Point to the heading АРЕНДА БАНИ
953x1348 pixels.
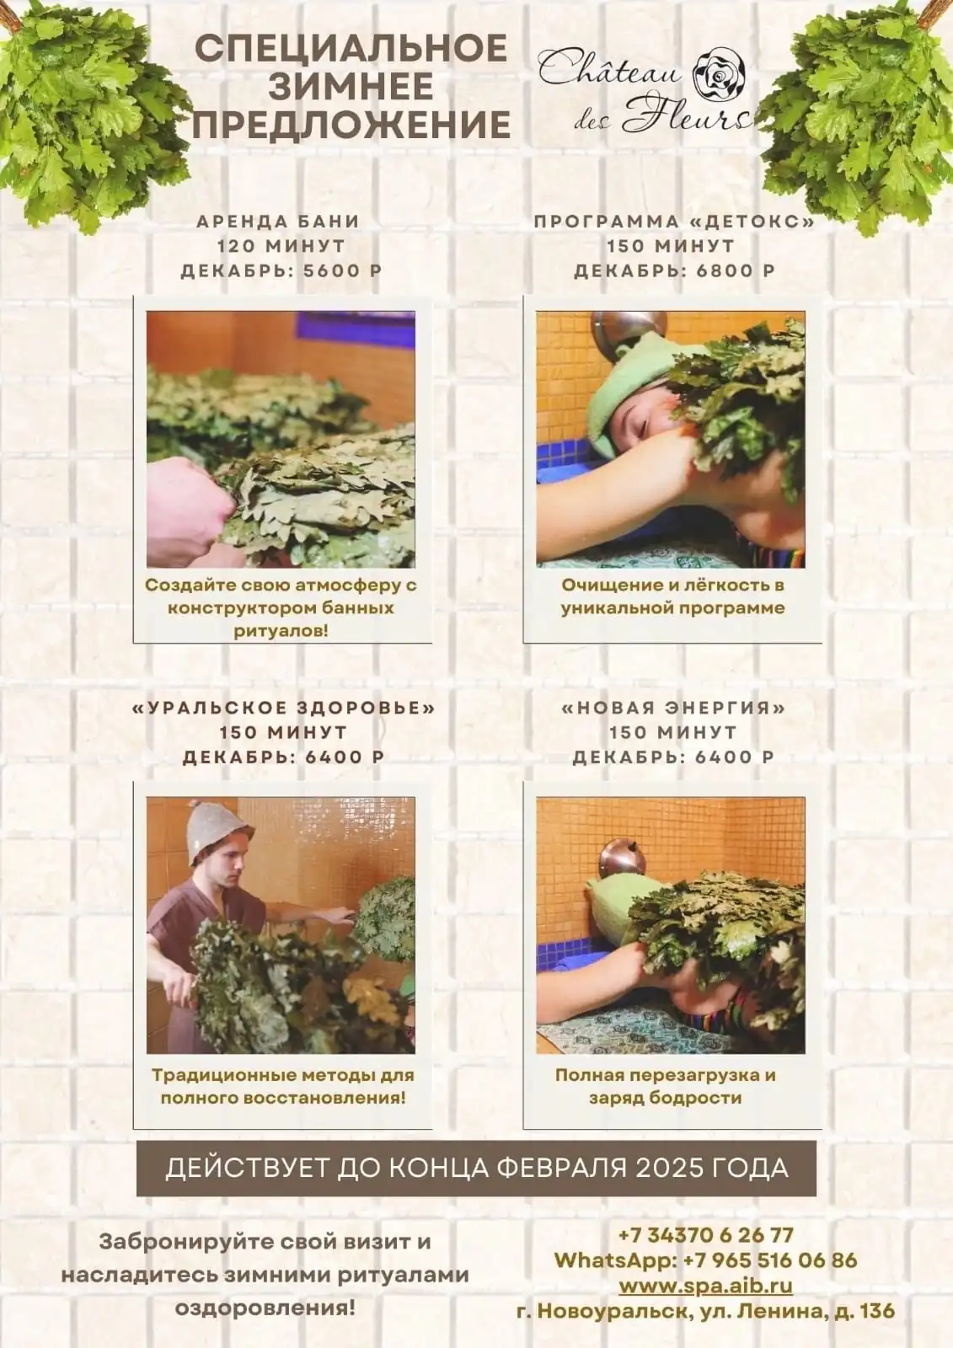click(x=278, y=222)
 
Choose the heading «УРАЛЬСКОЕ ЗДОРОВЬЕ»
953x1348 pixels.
click(x=284, y=708)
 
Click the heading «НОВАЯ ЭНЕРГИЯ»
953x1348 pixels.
click(x=672, y=708)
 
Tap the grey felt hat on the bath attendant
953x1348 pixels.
click(x=212, y=832)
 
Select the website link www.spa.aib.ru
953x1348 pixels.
click(x=705, y=1286)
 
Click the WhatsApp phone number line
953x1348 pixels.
click(x=705, y=1260)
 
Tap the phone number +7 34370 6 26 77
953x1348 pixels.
click(x=705, y=1235)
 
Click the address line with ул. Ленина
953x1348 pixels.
click(x=705, y=1311)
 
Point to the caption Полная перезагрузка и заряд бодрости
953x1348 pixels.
click(x=665, y=1087)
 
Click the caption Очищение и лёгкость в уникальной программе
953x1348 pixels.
click(x=672, y=596)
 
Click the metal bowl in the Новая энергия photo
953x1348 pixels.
click(x=622, y=859)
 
